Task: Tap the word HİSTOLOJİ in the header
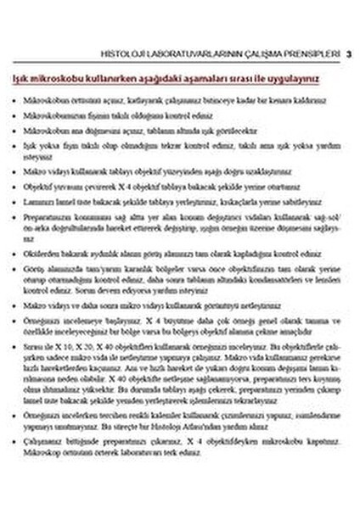point(120,53)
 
